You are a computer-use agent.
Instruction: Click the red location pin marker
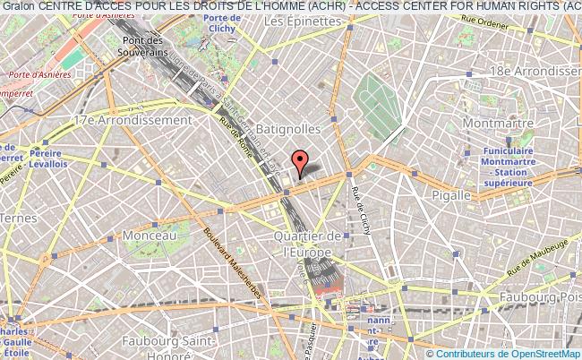click(x=301, y=161)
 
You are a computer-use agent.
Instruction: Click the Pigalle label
click(x=450, y=194)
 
